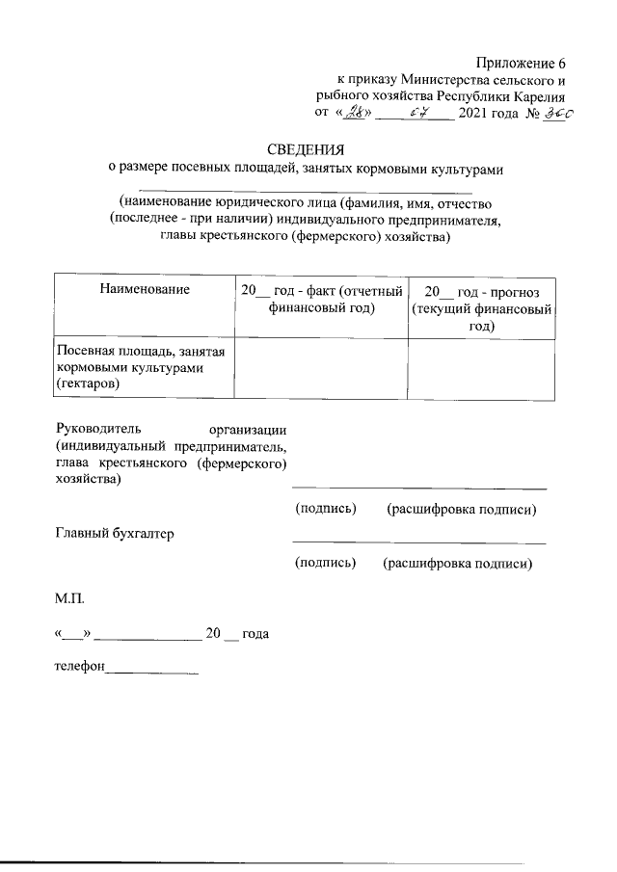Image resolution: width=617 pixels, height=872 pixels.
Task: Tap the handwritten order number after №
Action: (x=556, y=114)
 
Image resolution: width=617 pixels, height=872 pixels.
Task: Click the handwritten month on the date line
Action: (x=416, y=114)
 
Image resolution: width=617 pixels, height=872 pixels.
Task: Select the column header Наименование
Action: (x=144, y=289)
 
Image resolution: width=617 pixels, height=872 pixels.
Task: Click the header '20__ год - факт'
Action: (x=321, y=299)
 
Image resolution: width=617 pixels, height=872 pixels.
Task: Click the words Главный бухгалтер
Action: (x=115, y=534)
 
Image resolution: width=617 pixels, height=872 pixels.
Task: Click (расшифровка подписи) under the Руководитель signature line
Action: (x=461, y=508)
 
